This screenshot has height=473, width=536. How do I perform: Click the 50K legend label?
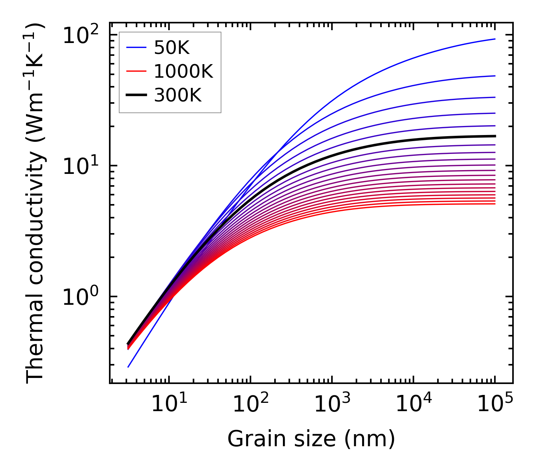pyautogui.click(x=172, y=48)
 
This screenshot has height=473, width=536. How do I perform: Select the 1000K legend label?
pyautogui.click(x=183, y=71)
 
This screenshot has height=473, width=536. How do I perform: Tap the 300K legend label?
pyautogui.click(x=178, y=95)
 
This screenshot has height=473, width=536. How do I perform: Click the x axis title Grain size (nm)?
pyautogui.click(x=311, y=439)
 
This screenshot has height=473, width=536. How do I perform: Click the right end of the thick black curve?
pyautogui.click(x=495, y=136)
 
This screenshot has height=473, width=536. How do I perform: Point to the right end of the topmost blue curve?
pyautogui.click(x=495, y=39)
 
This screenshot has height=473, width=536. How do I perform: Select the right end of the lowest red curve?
pyautogui.click(x=495, y=204)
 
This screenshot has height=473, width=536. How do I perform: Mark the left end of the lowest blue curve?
pyautogui.click(x=128, y=367)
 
